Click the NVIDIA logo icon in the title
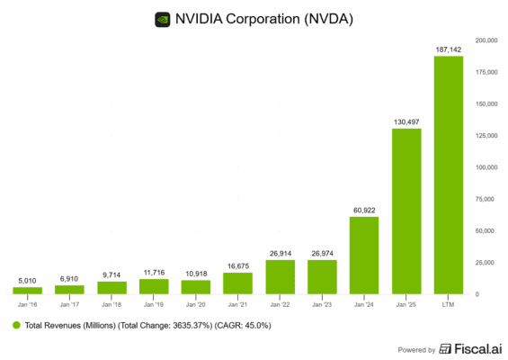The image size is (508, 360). click(x=163, y=18)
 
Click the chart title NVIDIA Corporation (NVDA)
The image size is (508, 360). click(x=265, y=18)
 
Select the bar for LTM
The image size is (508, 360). click(x=449, y=175)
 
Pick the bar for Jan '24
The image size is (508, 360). click(x=364, y=255)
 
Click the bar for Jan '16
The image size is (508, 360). click(x=27, y=290)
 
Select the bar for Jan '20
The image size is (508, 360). click(x=196, y=286)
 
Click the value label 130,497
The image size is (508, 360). click(x=406, y=121)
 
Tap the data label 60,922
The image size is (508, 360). click(x=364, y=210)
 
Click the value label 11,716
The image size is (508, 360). click(x=154, y=272)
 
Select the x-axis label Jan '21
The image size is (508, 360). click(x=238, y=305)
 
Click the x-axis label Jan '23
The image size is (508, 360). click(x=322, y=305)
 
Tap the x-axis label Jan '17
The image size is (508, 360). click(x=69, y=305)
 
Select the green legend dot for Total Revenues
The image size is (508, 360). click(x=17, y=325)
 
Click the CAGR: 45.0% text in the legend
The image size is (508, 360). click(x=239, y=325)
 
